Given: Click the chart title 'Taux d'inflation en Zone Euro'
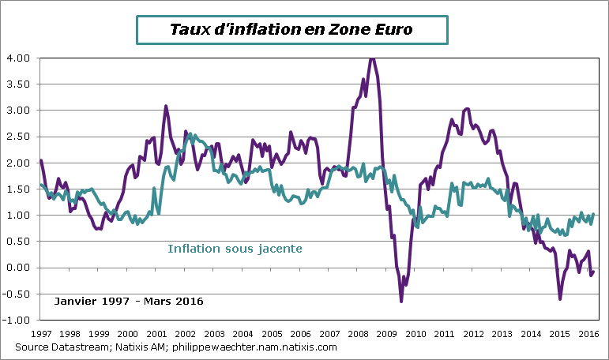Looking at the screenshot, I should [291, 29].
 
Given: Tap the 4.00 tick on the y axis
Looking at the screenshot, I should [19, 58].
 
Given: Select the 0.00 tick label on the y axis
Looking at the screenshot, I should [19, 268].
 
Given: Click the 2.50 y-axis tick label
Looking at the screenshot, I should [19, 137].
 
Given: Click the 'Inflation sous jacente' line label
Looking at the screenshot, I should [235, 249].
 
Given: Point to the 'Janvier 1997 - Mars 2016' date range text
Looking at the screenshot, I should [129, 302].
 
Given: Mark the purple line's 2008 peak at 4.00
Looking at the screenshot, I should [372, 58].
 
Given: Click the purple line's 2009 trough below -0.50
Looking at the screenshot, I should [401, 301].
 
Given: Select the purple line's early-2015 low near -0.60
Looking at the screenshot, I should [560, 298].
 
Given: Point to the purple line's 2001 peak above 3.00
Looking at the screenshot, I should [166, 106].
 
